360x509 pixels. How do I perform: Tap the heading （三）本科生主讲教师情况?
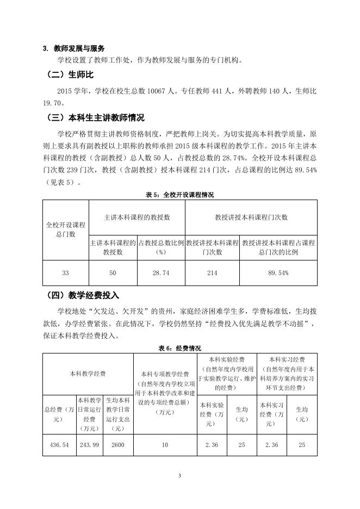pyautogui.click(x=95, y=117)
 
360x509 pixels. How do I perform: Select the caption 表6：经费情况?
pyautogui.click(x=179, y=348)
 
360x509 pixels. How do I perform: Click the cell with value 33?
pyautogui.click(x=65, y=273)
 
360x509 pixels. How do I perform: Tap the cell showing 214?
pyautogui.click(x=212, y=273)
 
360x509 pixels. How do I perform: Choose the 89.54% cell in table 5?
pyautogui.click(x=278, y=273)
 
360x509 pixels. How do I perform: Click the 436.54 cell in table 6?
pyautogui.click(x=59, y=444)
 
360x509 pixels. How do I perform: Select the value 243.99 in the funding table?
pyautogui.click(x=89, y=444)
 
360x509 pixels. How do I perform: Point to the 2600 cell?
pyautogui.click(x=117, y=444)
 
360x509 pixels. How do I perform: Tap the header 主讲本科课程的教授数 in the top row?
pyautogui.click(x=137, y=217)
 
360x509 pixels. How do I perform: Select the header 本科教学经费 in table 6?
pyautogui.click(x=88, y=374)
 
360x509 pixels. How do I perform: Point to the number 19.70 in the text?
pyautogui.click(x=53, y=102)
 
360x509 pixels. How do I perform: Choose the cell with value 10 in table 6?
pyautogui.click(x=164, y=444)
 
